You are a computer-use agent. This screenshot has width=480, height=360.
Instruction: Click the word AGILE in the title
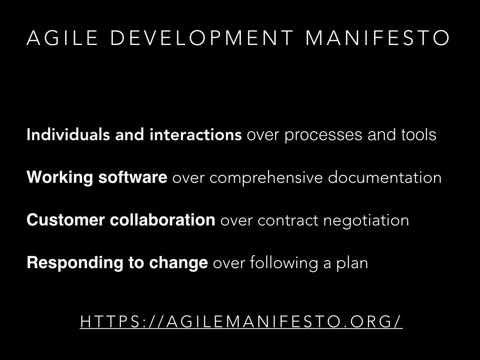[x=62, y=38]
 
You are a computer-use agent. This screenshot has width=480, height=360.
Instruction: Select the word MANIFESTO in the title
[x=377, y=38]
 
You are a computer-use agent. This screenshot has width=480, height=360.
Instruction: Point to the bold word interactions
[x=195, y=135]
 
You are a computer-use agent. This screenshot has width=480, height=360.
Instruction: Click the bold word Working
[x=60, y=178]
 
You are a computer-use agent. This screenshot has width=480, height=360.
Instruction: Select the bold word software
[x=133, y=177]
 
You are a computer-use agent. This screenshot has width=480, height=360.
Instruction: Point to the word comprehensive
[x=266, y=178]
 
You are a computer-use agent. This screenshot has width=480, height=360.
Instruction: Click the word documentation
[x=385, y=178]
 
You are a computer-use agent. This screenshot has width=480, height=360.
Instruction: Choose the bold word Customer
[x=66, y=220]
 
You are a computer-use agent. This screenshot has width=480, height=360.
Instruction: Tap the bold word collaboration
[x=163, y=220]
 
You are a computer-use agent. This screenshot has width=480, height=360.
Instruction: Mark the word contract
[x=288, y=221]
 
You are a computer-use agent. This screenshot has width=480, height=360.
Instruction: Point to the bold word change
[x=179, y=263]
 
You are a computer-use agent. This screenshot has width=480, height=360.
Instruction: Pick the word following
[x=284, y=263]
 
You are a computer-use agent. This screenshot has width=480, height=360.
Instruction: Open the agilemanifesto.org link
[x=241, y=322]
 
